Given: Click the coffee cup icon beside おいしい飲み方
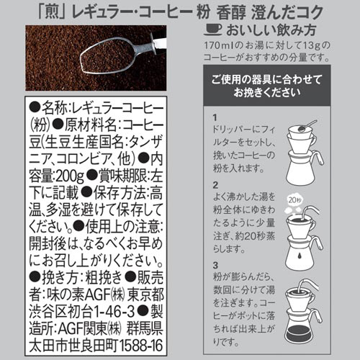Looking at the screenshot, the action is click(213, 30).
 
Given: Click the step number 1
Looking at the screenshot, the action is click(215, 117).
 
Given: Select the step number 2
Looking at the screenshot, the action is click(215, 185).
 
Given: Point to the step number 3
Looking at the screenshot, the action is click(215, 265).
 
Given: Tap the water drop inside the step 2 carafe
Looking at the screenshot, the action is click(299, 256).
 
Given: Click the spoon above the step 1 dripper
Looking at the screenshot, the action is click(307, 125).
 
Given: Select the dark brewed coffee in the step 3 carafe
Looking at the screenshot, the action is click(303, 334).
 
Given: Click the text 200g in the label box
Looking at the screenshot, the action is click(70, 176).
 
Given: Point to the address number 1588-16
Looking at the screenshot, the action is click(141, 346).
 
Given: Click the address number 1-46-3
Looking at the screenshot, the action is click(114, 311).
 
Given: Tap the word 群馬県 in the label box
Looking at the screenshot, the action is click(145, 328).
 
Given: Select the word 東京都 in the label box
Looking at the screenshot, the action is click(145, 294).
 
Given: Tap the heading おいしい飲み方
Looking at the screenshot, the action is click(271, 30).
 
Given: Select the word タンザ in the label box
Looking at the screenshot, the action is click(146, 142).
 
